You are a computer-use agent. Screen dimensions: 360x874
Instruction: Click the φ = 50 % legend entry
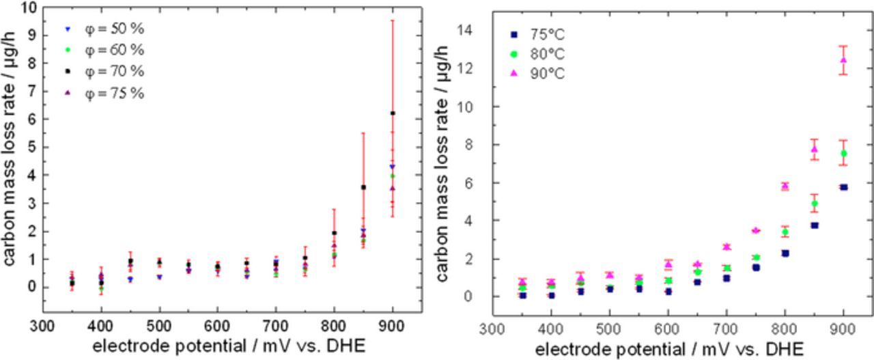[x=102, y=30]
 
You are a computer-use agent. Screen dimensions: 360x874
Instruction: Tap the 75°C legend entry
[x=539, y=35]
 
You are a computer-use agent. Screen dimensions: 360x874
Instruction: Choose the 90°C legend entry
[x=539, y=73]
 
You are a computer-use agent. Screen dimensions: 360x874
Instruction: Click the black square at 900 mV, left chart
[x=392, y=113]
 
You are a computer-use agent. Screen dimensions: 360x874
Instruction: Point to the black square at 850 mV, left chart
[x=363, y=187]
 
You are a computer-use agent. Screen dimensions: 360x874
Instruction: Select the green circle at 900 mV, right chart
[x=843, y=153]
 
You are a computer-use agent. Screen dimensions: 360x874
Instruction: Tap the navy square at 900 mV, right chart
[x=843, y=187]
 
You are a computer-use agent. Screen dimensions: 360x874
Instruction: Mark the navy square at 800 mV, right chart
[x=785, y=253]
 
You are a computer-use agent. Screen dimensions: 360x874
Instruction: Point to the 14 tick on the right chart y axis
[x=466, y=31]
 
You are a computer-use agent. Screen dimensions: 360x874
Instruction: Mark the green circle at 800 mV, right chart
[x=785, y=232]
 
